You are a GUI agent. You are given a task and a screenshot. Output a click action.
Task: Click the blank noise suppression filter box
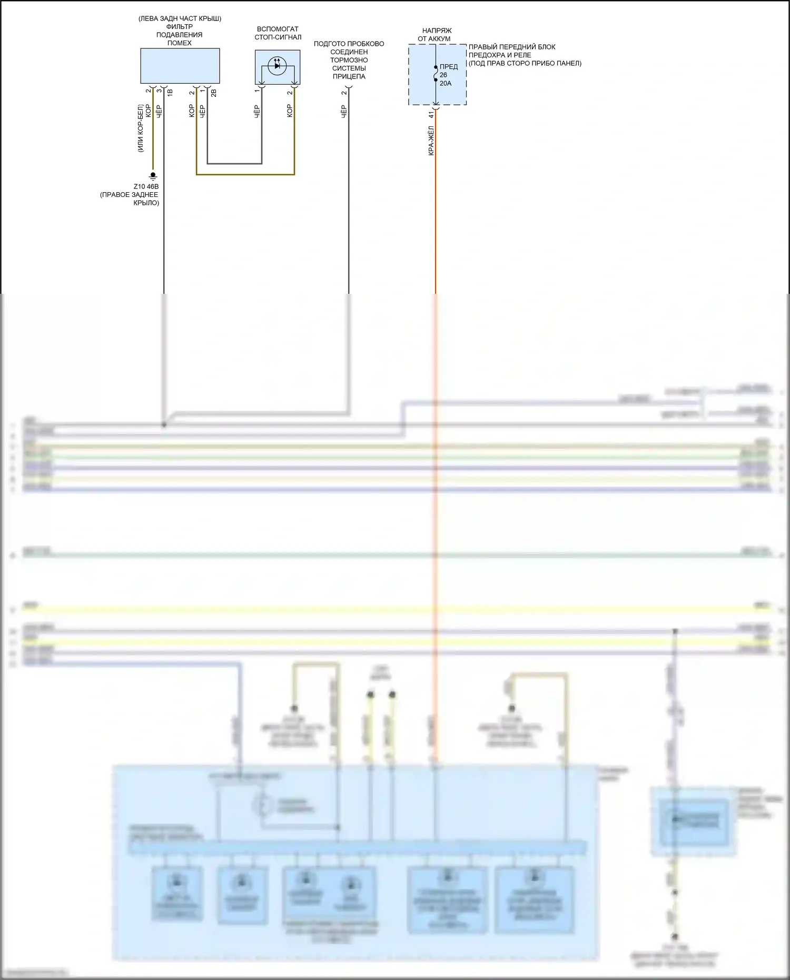(x=180, y=66)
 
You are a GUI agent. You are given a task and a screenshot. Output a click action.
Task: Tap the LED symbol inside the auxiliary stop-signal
(x=277, y=66)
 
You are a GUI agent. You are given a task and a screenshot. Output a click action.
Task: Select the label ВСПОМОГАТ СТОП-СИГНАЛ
(x=278, y=33)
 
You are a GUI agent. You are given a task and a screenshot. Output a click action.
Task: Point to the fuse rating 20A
(x=446, y=83)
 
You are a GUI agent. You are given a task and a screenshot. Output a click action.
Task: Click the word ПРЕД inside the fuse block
(x=449, y=67)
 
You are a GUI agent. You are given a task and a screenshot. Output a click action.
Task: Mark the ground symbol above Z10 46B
(x=153, y=175)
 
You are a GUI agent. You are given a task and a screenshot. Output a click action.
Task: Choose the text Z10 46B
(x=146, y=186)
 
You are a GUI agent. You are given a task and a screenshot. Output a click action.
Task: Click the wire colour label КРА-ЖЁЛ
(x=431, y=140)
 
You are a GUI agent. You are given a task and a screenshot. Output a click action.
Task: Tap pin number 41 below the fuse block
(x=431, y=114)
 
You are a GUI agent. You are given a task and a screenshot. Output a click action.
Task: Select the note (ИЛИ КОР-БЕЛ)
(x=141, y=128)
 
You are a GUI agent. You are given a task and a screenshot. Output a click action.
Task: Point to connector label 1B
(x=170, y=93)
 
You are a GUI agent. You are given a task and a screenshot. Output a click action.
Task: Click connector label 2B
(x=213, y=93)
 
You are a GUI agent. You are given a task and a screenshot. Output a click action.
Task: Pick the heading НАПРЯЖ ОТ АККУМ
(x=436, y=35)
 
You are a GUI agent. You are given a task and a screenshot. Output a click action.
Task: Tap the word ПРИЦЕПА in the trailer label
(x=349, y=76)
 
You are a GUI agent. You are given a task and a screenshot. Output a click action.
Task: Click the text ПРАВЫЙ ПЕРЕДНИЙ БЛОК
(x=512, y=47)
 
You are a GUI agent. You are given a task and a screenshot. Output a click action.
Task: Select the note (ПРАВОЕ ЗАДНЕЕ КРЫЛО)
(x=130, y=199)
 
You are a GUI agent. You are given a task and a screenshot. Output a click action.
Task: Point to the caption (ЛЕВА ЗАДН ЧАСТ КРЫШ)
(x=180, y=18)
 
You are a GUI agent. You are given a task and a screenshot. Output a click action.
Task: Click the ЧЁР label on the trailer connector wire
(x=344, y=111)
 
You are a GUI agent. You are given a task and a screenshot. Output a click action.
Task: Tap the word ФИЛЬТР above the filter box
(x=180, y=26)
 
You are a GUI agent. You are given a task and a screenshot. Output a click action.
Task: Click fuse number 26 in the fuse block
(x=443, y=75)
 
